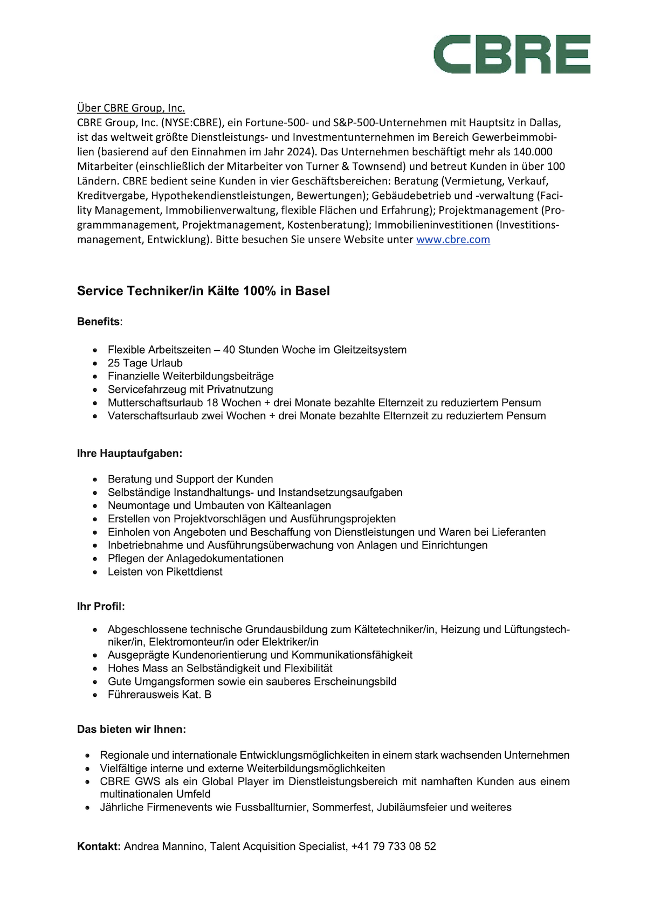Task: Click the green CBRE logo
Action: click(x=512, y=54)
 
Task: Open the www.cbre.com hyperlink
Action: click(x=453, y=239)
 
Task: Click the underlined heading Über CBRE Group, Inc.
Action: click(x=131, y=108)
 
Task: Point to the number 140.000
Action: click(x=533, y=152)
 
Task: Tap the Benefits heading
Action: click(x=99, y=322)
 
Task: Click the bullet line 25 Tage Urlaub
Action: click(x=145, y=363)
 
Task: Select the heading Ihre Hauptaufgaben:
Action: click(x=129, y=454)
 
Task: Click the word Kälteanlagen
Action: click(x=299, y=505)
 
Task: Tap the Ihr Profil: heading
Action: click(x=101, y=607)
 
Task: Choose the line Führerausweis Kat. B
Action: click(x=160, y=695)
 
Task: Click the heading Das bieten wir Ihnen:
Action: click(x=132, y=730)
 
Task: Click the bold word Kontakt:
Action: click(x=99, y=847)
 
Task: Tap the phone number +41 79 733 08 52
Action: click(x=394, y=847)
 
